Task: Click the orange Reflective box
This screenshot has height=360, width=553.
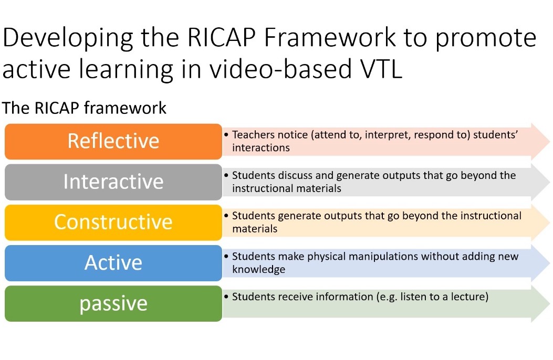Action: click(113, 141)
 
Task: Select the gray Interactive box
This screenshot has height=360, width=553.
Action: click(113, 182)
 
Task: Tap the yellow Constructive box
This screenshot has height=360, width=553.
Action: click(113, 223)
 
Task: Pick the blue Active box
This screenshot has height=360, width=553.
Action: click(113, 263)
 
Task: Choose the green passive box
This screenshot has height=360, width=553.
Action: click(113, 303)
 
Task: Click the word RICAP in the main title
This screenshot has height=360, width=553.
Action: click(222, 37)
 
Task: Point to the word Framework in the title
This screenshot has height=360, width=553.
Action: click(330, 37)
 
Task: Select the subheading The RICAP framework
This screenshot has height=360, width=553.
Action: click(84, 108)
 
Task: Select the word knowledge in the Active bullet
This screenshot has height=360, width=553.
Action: click(258, 269)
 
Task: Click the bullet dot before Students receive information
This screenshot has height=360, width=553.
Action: click(226, 297)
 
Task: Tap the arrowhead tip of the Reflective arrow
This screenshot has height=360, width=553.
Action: click(549, 141)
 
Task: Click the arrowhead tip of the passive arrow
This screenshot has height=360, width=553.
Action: click(549, 304)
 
